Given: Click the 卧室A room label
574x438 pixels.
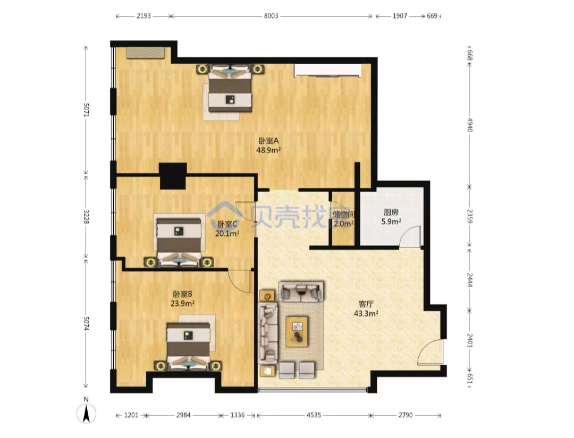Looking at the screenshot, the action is (269, 141).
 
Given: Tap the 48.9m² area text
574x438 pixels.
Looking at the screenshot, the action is (268, 150).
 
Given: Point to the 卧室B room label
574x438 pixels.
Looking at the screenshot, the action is (182, 294).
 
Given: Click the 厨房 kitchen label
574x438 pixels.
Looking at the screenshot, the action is (391, 212).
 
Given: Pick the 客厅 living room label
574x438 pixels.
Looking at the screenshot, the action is (366, 304).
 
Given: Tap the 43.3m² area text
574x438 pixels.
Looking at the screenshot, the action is (366, 313).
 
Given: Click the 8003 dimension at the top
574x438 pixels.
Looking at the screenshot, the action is (271, 16).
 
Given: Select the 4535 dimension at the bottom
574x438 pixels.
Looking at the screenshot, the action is (314, 415).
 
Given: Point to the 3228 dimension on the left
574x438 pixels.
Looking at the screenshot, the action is (86, 217).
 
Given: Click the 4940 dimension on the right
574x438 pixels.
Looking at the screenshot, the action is (470, 125).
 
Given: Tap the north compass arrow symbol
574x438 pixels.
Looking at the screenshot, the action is (87, 414).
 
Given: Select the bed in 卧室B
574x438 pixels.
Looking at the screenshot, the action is (189, 346).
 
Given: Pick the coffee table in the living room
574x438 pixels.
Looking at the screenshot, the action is (297, 331).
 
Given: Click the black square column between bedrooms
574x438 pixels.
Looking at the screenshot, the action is (173, 176).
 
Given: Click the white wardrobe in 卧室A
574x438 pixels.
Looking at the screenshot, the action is (328, 71).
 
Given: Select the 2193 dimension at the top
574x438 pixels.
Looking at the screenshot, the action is (144, 16).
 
